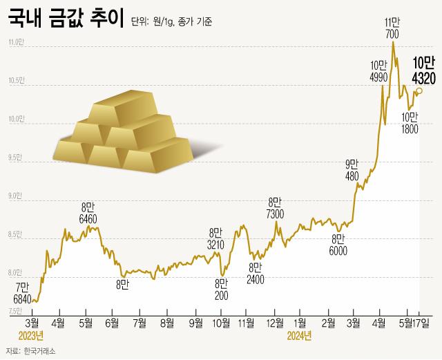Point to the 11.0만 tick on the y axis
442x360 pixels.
tap(15, 43)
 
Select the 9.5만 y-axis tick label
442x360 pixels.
tap(15, 158)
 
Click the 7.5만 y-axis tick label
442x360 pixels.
tap(15, 312)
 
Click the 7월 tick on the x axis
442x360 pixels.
tap(140, 323)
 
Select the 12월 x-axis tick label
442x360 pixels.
tap(275, 323)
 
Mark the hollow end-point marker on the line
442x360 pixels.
tap(419, 90)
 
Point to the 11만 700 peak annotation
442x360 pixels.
tap(393, 28)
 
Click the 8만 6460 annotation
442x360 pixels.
tap(88, 212)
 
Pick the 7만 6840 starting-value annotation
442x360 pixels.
tap(22, 292)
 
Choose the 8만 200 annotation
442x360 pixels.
tap(221, 289)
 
